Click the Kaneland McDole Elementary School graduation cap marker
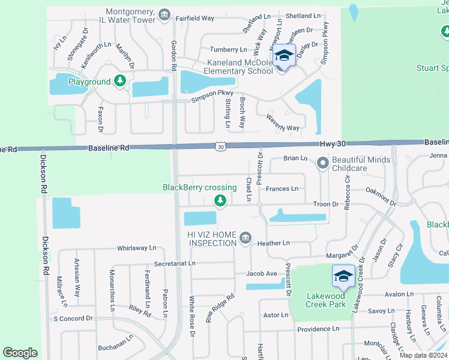pos(283,56)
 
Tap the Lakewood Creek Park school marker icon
pos(343,275)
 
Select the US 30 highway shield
pos(220,146)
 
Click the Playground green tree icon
pos(120,80)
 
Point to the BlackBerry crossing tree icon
pos(220,200)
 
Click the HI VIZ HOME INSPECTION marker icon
pos(245,238)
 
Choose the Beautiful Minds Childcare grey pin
pos(322,162)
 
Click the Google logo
pos(20,353)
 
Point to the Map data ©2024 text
pos(423,355)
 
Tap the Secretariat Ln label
pos(175,263)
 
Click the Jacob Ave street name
pos(262,274)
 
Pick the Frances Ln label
pos(282,189)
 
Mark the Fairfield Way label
pos(195,19)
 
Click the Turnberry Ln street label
pos(228,49)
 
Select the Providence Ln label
pos(318,329)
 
